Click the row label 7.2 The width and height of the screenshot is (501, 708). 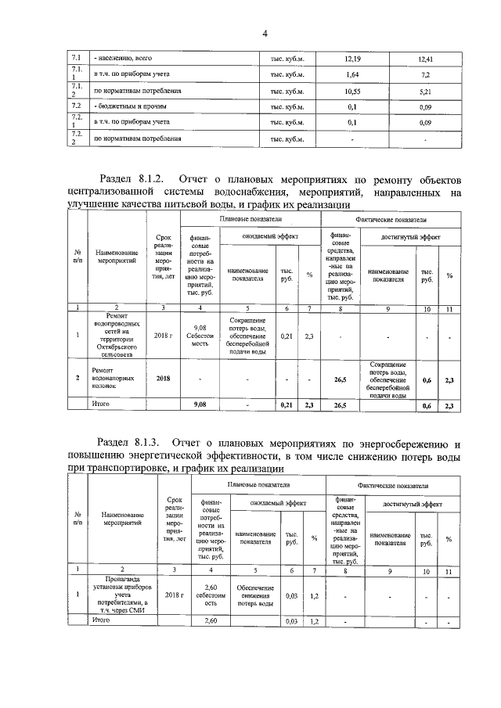77,106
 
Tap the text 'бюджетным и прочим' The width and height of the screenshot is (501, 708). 130,106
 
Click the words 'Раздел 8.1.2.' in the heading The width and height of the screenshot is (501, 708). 136,178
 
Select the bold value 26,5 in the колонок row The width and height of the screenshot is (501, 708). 340,379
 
